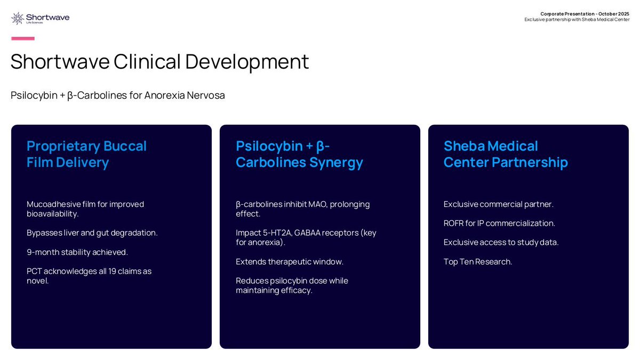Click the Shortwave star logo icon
pos(18,19)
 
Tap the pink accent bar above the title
pos(23,38)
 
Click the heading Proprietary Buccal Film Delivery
pos(86,154)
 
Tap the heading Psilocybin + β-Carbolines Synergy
pos(299,154)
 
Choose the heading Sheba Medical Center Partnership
pos(506,154)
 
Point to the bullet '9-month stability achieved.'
pos(77,252)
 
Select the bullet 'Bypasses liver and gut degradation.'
pos(92,233)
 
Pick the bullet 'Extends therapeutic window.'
pos(290,262)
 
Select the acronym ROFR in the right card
pos(453,223)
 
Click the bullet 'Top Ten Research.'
pos(478,262)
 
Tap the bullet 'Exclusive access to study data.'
pos(501,243)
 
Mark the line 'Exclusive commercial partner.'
pos(499,204)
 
